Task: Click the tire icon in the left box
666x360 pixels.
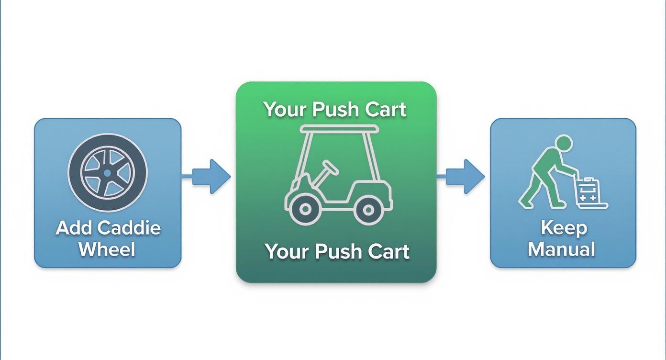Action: coord(108,173)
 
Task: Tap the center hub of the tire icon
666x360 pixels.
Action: coord(108,173)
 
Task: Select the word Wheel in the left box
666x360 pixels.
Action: coord(107,249)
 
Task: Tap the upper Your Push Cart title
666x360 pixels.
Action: coord(335,109)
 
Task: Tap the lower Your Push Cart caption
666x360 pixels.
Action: coord(336,251)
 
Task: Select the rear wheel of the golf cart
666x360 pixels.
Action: coord(367,209)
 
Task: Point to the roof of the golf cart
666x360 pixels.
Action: coord(339,129)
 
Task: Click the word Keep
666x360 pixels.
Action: coord(564,228)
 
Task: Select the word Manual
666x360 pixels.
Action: coord(562,249)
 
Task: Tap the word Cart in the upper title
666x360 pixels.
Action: coord(386,109)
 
